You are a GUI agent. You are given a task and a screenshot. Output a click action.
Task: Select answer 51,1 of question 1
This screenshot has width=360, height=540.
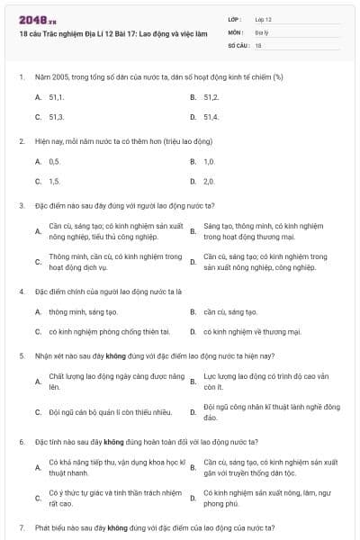pos(56,96)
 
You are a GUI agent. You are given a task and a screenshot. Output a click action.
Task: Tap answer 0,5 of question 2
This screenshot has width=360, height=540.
pos(54,161)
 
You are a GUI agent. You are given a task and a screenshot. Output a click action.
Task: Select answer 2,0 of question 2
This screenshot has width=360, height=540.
pos(209,182)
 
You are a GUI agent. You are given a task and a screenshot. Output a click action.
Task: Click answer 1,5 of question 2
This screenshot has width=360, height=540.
pos(54,182)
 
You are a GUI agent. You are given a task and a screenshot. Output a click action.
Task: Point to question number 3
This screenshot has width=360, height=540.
pos(21,205)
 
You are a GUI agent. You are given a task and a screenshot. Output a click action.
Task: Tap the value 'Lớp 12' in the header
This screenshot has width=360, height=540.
pos(264,18)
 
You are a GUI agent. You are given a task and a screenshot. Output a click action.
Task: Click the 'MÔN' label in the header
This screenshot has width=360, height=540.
pos(236,31)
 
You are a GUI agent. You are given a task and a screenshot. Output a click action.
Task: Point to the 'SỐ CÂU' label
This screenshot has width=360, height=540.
pos(238,43)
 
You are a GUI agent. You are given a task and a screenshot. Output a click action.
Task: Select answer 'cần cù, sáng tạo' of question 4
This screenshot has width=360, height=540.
pos(229,311)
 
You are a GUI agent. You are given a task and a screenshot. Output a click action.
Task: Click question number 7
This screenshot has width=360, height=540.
pos(21,526)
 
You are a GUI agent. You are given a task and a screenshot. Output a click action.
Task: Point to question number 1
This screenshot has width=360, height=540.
pos(21,76)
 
